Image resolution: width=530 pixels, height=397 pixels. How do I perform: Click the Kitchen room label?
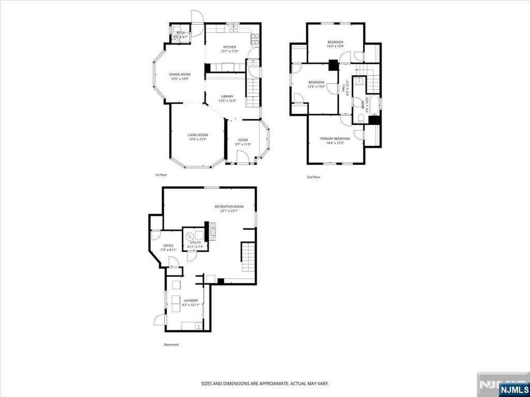point(229,47)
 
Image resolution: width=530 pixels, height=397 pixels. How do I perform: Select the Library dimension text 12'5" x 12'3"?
point(227,101)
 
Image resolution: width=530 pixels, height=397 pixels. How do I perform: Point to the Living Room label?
point(197,135)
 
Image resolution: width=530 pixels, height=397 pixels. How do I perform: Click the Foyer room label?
point(243,140)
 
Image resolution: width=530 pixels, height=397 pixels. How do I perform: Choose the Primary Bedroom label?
point(335,139)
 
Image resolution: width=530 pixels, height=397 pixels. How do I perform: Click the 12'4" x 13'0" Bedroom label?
point(316,82)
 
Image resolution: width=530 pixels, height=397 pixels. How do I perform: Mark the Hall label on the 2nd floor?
point(343,88)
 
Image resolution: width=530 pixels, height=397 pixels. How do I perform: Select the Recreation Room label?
point(229,207)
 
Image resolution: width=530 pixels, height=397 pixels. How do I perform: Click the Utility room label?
point(195,242)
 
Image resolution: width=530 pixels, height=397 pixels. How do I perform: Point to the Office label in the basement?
point(168,246)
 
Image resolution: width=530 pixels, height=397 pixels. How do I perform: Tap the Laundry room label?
point(190,300)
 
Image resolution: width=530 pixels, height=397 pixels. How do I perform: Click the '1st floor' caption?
point(161,175)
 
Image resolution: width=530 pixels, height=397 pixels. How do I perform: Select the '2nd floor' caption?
point(314,177)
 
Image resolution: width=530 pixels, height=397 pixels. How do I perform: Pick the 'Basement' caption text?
point(171,345)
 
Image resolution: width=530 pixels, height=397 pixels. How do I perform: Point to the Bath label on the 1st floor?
point(180,33)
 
